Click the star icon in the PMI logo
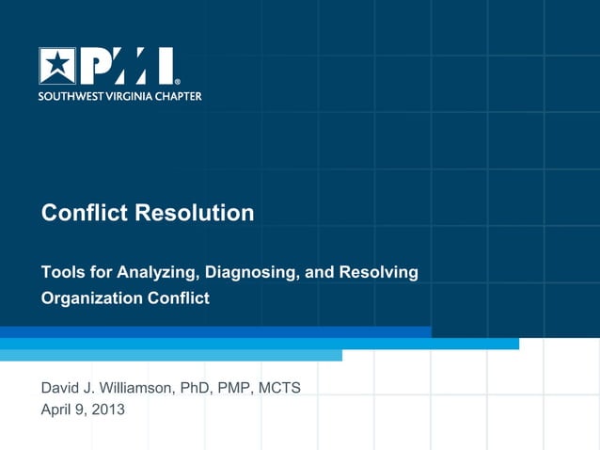point(57,66)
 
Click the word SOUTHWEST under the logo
point(70,96)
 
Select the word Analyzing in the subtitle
point(155,273)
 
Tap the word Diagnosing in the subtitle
point(250,273)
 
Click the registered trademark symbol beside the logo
point(177,82)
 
